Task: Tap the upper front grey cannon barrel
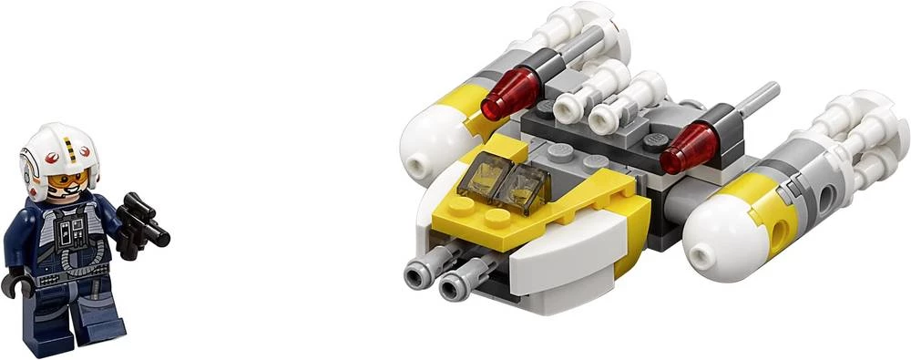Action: point(422,271)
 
